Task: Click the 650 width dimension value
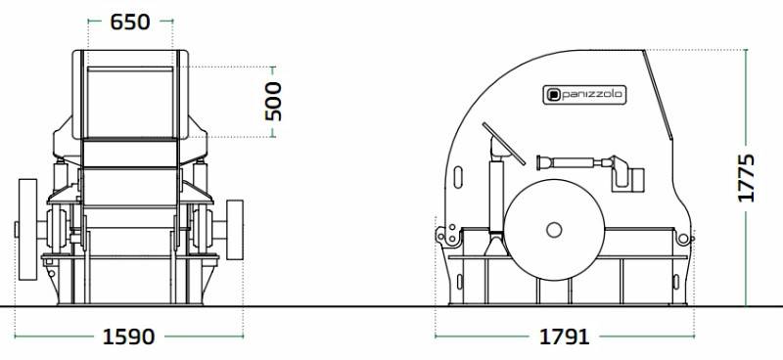130,22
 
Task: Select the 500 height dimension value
273,102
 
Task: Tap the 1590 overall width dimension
129,337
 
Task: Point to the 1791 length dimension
565,337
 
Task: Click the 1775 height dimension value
747,178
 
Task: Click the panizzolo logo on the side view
584,95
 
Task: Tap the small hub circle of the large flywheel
554,230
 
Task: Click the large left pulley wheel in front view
28,230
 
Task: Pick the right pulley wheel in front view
235,230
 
